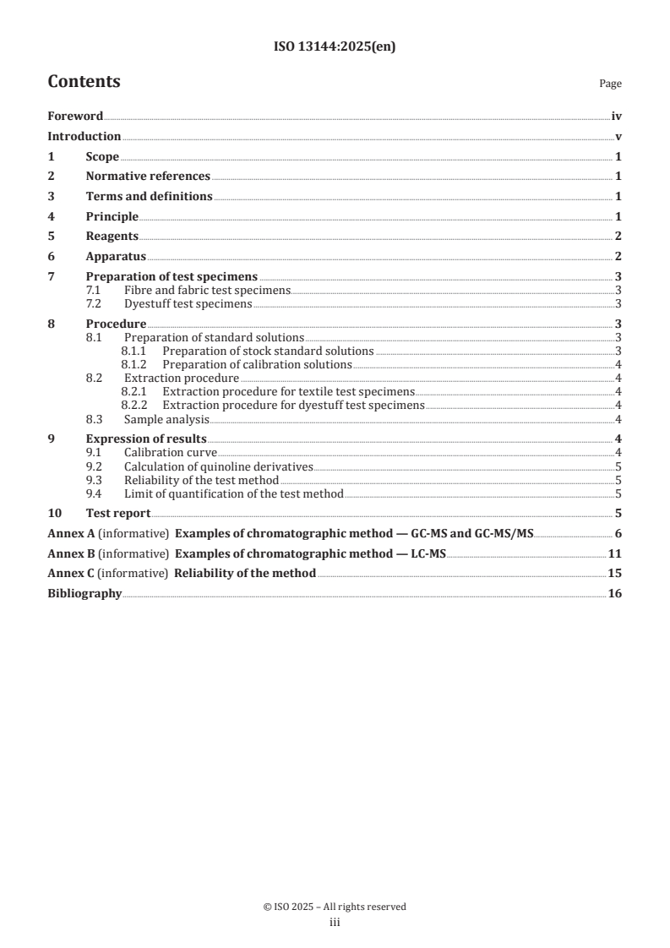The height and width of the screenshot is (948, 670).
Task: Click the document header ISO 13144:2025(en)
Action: pos(335,47)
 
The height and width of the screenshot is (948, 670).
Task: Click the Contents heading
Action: pos(84,82)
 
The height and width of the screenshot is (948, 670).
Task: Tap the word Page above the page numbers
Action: pos(610,84)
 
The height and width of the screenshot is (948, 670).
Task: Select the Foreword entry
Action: pos(75,117)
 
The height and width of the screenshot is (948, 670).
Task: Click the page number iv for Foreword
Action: pos(617,117)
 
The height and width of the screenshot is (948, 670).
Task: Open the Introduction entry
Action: pos(84,136)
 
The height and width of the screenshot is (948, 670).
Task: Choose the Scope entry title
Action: pos(102,156)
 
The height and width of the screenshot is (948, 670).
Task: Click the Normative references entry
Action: pos(148,177)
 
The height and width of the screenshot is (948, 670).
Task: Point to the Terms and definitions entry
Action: pos(149,196)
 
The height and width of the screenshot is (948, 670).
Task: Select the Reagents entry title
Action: pos(112,236)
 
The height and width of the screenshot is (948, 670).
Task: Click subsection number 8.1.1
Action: pos(134,351)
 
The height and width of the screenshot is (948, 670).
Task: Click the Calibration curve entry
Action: pos(171,452)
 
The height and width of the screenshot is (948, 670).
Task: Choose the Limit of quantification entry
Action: pos(233,493)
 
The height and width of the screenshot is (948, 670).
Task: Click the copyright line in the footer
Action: pos(335,907)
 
